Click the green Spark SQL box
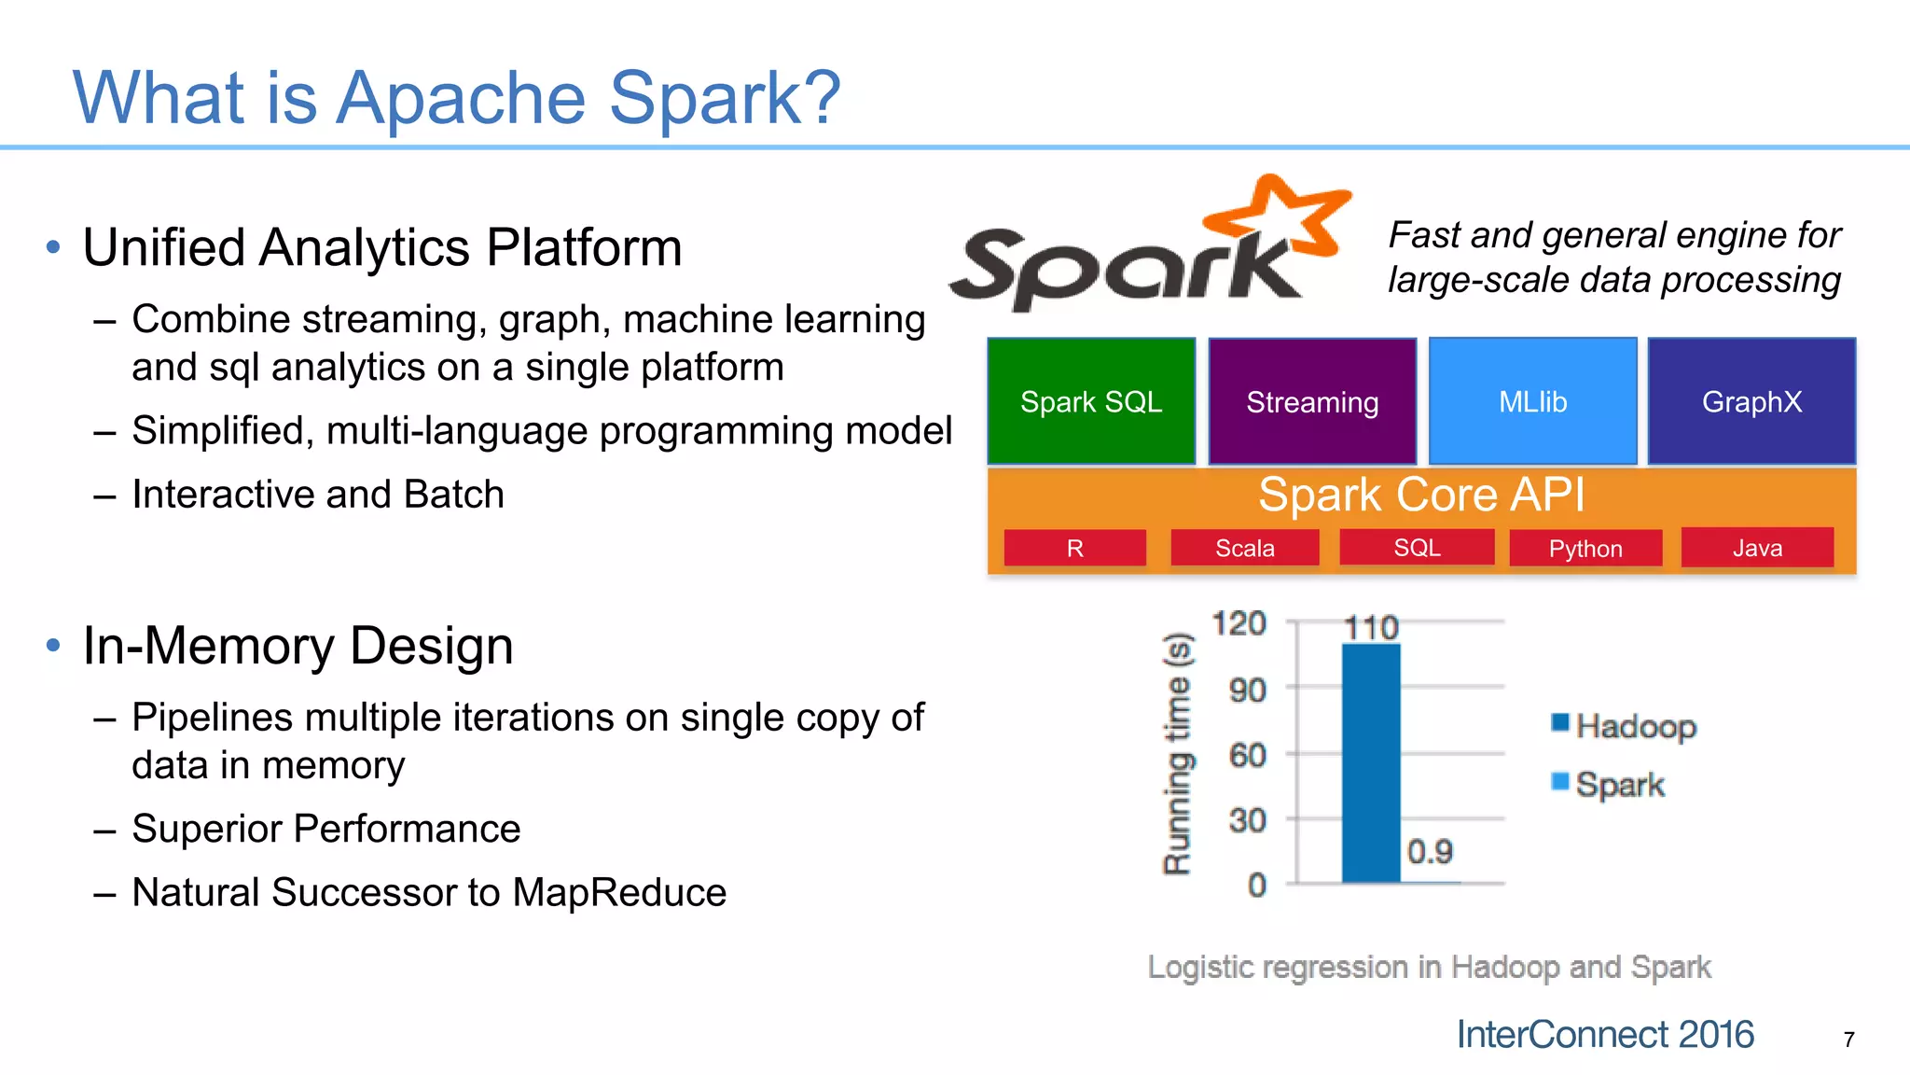tap(1090, 401)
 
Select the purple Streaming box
tap(1311, 401)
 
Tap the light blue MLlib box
tap(1532, 401)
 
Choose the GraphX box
tap(1751, 401)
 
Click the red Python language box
tap(1585, 548)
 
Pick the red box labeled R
tap(1074, 548)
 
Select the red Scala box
tap(1244, 548)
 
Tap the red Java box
tap(1757, 548)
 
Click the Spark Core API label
tap(1420, 495)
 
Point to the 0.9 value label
tap(1430, 851)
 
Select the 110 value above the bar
tap(1371, 627)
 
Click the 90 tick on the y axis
tap(1247, 691)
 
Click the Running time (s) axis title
tap(1177, 753)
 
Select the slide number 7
tap(1848, 1040)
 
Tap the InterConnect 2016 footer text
tap(1604, 1035)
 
